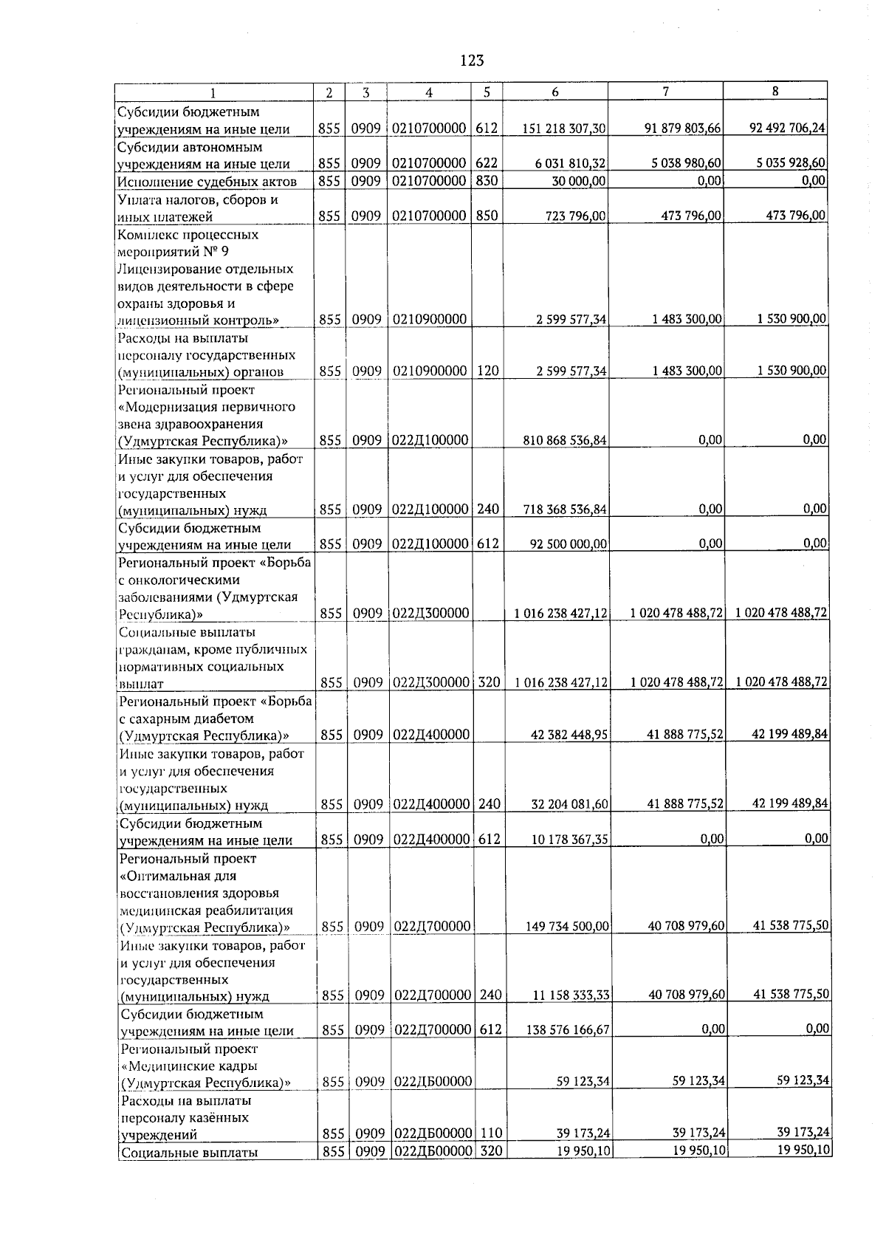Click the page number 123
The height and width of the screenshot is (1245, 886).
pos(471,61)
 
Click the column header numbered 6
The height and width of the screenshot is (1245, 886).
pos(555,92)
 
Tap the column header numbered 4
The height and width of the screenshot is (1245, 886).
pos(429,92)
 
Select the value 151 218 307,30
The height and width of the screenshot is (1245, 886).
pos(564,128)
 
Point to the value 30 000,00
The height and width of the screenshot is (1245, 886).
pos(579,181)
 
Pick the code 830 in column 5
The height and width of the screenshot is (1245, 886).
pos(487,181)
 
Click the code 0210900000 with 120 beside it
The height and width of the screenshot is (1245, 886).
pos(429,371)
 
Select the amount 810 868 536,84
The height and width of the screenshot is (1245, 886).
pos(564,441)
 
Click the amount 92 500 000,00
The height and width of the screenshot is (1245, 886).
pos(569,545)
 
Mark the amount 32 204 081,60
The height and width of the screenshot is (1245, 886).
pos(569,804)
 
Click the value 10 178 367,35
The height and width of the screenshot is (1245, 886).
pos(569,840)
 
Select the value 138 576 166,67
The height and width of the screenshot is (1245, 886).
pos(566,1031)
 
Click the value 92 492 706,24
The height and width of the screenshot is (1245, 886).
pos(787,128)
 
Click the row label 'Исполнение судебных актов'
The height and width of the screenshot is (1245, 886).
pos(207,182)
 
